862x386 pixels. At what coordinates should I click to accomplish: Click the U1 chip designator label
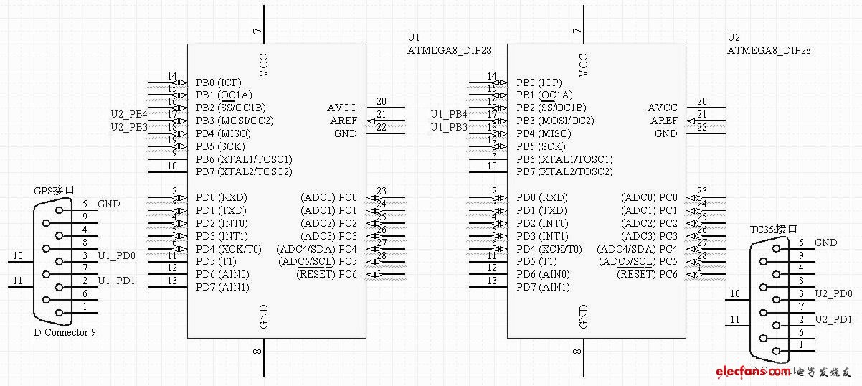pyautogui.click(x=413, y=37)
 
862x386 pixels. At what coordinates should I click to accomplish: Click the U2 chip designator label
pyautogui.click(x=734, y=37)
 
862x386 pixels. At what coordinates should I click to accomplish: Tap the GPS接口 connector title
pyautogui.click(x=54, y=191)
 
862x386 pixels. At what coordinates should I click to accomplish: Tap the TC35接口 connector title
pyautogui.click(x=774, y=230)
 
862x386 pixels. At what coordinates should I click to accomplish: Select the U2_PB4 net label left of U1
pyautogui.click(x=129, y=114)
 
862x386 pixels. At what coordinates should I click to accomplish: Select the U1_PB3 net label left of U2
pyautogui.click(x=449, y=127)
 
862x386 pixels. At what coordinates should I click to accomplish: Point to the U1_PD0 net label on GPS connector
pyautogui.click(x=116, y=255)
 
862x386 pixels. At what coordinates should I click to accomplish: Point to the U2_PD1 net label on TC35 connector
pyautogui.click(x=834, y=319)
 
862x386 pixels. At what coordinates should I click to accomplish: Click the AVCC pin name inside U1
pyautogui.click(x=342, y=108)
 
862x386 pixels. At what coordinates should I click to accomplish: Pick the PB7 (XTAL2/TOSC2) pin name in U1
pyautogui.click(x=244, y=171)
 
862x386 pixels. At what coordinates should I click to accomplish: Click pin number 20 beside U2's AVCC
pyautogui.click(x=702, y=102)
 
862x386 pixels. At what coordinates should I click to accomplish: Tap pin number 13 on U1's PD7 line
pyautogui.click(x=172, y=281)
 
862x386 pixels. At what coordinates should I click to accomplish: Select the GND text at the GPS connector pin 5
pyautogui.click(x=109, y=204)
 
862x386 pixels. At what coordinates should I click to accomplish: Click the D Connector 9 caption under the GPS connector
pyautogui.click(x=65, y=332)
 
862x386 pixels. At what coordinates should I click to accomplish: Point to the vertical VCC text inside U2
pyautogui.click(x=584, y=65)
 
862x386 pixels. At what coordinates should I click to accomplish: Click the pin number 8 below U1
pyautogui.click(x=257, y=351)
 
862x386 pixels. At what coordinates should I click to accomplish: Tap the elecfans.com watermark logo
pyautogui.click(x=782, y=372)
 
